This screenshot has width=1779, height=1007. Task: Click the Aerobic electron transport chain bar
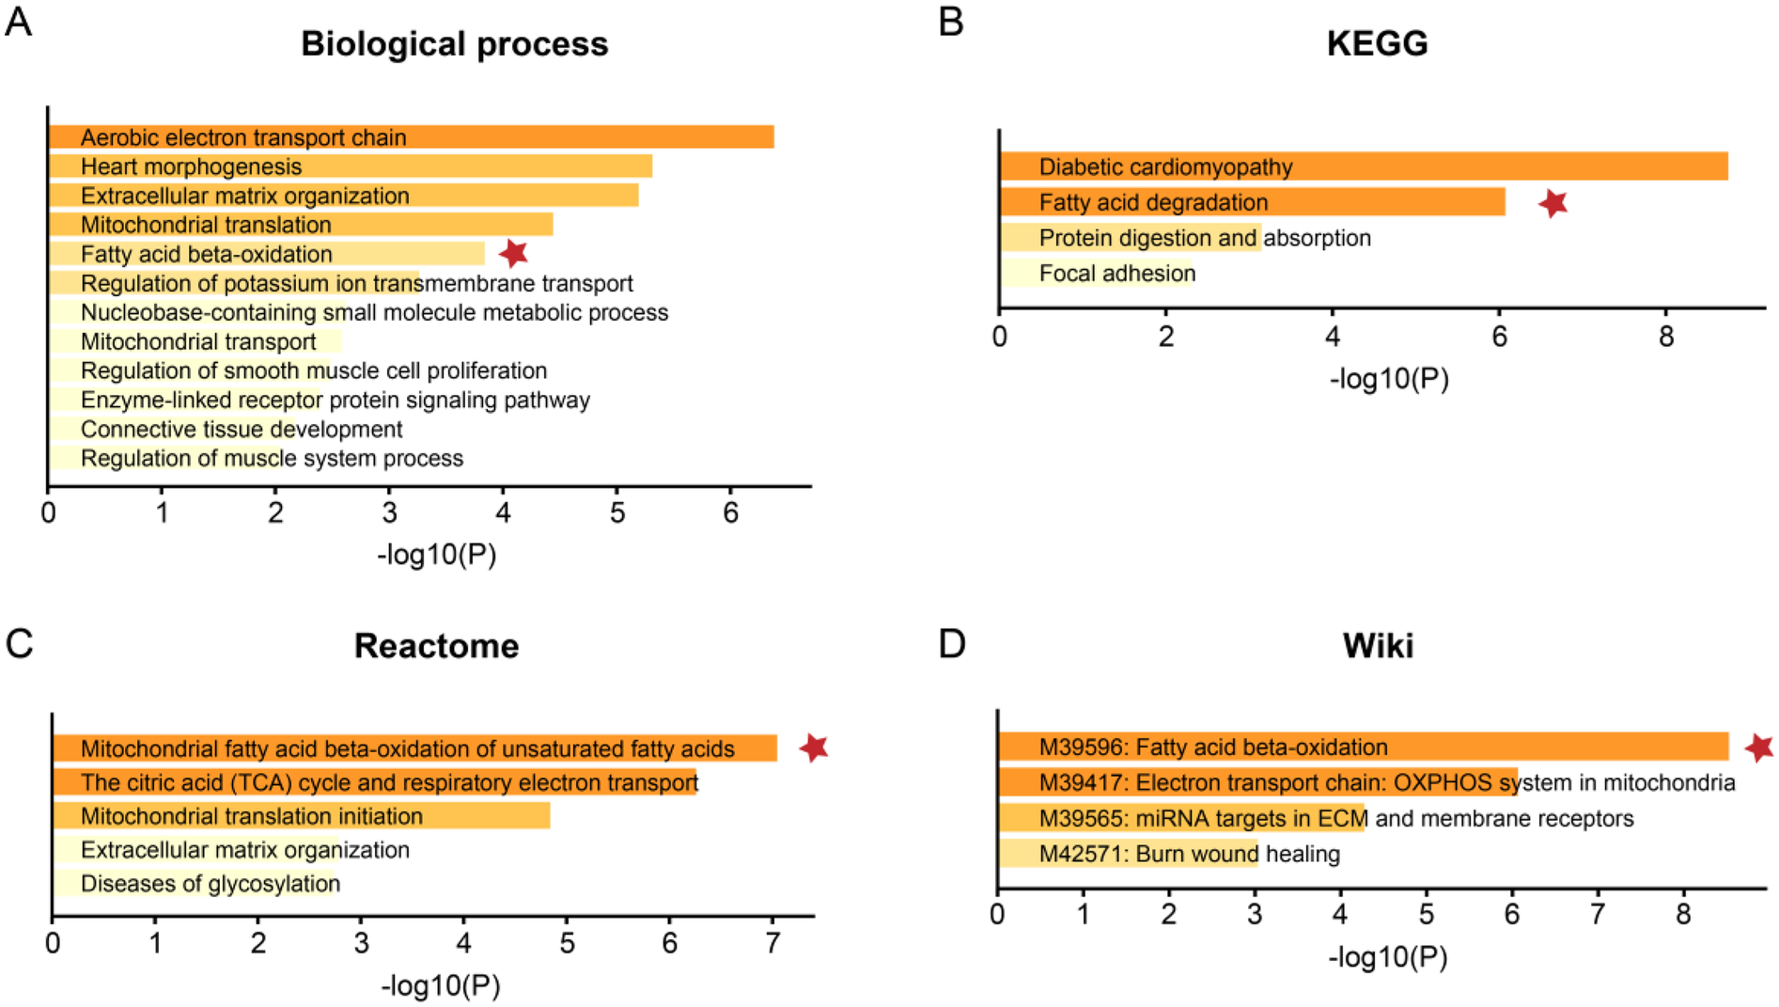[411, 137]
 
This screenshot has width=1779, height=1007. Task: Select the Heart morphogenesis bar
[350, 166]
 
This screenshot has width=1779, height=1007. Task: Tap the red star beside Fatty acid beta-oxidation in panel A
[513, 253]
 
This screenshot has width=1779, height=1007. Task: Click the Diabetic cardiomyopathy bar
[1363, 166]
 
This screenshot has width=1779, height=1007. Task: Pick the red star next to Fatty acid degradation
[1553, 202]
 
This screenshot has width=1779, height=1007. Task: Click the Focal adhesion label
[1116, 274]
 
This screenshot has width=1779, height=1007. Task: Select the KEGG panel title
[1377, 43]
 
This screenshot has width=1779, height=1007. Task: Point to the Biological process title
[454, 44]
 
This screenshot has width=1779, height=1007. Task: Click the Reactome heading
[436, 646]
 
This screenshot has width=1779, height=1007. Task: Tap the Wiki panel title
[1378, 646]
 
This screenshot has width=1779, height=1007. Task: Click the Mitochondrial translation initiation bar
[301, 816]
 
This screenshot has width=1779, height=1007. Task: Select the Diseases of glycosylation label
[211, 884]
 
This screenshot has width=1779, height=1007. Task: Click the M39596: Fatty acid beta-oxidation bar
[1363, 747]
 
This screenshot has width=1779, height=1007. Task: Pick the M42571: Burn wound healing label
[1189, 854]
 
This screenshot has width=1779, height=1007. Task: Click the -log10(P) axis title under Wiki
[1387, 957]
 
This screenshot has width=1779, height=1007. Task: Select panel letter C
[19, 644]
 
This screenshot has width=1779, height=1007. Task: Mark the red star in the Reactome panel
[814, 747]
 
